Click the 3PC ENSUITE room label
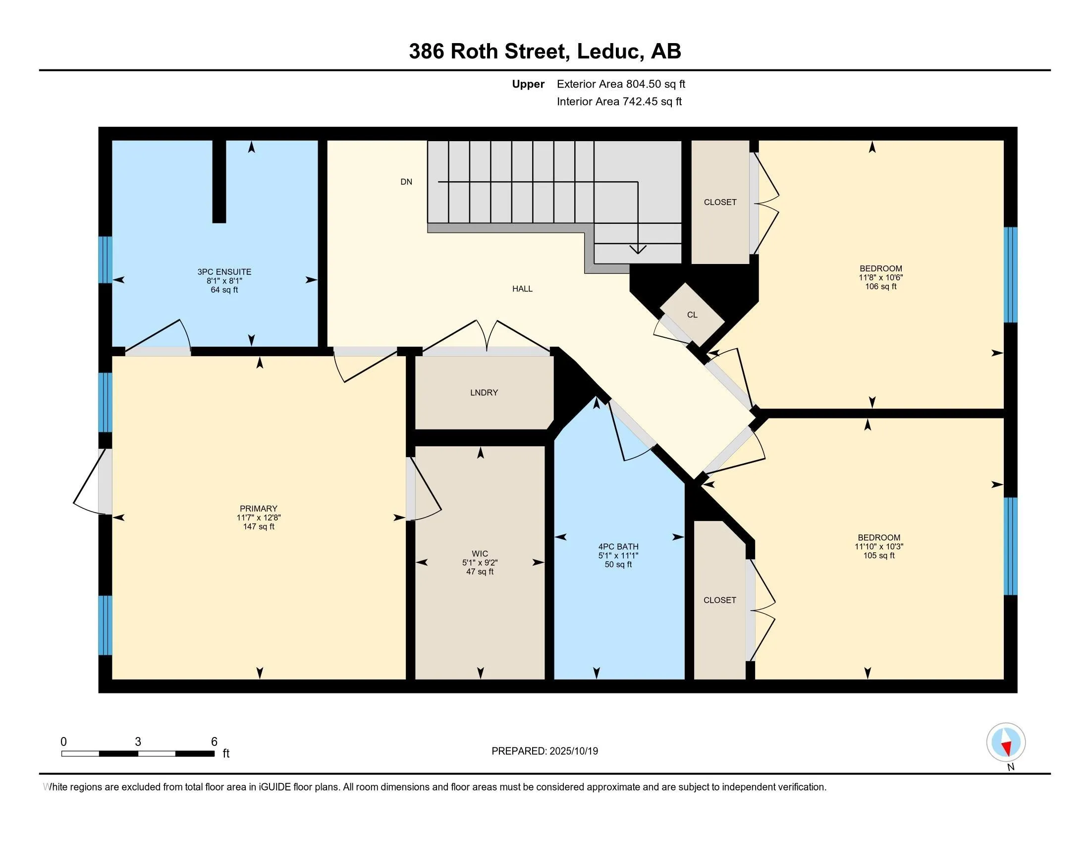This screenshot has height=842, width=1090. pyautogui.click(x=224, y=272)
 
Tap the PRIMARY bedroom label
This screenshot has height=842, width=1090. pyautogui.click(x=258, y=509)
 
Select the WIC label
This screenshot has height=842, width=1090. pyautogui.click(x=480, y=554)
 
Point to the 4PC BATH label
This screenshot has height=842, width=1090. pyautogui.click(x=618, y=547)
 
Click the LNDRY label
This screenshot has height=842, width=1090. pyautogui.click(x=484, y=393)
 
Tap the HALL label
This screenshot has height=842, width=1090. pyautogui.click(x=523, y=289)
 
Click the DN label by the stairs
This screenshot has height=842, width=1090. pyautogui.click(x=406, y=182)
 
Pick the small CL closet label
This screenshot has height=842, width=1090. pyautogui.click(x=692, y=315)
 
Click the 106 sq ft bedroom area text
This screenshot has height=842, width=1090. pyautogui.click(x=881, y=286)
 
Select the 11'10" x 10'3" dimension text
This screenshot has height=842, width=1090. pyautogui.click(x=879, y=546)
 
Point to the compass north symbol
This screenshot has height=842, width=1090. pyautogui.click(x=1006, y=742)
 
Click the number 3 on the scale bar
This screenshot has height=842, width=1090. pyautogui.click(x=138, y=742)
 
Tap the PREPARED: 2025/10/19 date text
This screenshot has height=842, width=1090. pyautogui.click(x=545, y=751)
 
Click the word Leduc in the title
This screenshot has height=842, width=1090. pyautogui.click(x=608, y=51)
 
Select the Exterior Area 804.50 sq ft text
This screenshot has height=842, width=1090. pyautogui.click(x=621, y=84)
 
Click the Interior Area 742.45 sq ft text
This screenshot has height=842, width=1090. pyautogui.click(x=619, y=101)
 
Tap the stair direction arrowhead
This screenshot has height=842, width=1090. pyautogui.click(x=638, y=249)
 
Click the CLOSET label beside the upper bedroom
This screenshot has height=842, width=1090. pyautogui.click(x=720, y=202)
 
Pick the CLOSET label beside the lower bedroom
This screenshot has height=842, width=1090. pyautogui.click(x=720, y=600)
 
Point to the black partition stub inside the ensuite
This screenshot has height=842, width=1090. pyautogui.click(x=219, y=182)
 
